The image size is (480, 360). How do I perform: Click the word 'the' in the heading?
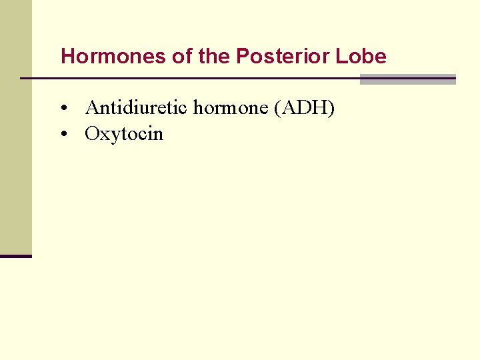213,57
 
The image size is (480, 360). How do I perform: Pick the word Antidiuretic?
137,107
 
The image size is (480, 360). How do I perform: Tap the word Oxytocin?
124,134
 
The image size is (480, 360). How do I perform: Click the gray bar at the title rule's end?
407,79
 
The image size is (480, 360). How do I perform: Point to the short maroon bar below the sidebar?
15,256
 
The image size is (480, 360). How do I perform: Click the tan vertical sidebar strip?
15,127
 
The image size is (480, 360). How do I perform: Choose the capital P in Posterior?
241,57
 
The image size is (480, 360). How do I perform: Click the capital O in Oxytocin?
92,134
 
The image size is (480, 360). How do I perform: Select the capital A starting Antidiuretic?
92,107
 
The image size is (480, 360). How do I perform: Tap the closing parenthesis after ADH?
331,107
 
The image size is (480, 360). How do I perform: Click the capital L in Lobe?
341,57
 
